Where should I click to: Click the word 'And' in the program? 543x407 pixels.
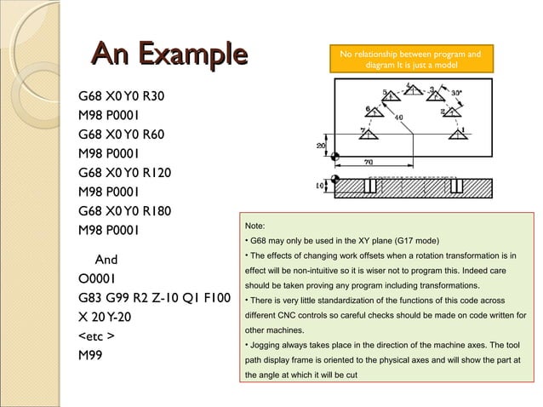coord(106,259)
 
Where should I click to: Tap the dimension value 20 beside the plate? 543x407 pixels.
coord(322,146)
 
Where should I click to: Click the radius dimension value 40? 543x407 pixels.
coord(398,117)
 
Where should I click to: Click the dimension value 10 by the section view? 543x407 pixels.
coord(321,185)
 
